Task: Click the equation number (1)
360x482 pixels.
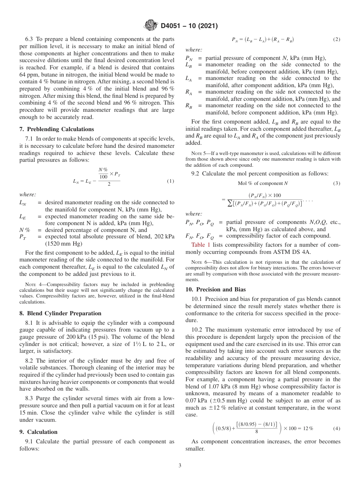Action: (x=171, y=181)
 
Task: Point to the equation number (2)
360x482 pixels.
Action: (x=337, y=39)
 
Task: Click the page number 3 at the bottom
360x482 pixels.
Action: (x=180, y=466)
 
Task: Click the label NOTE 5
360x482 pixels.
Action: (x=199, y=153)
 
